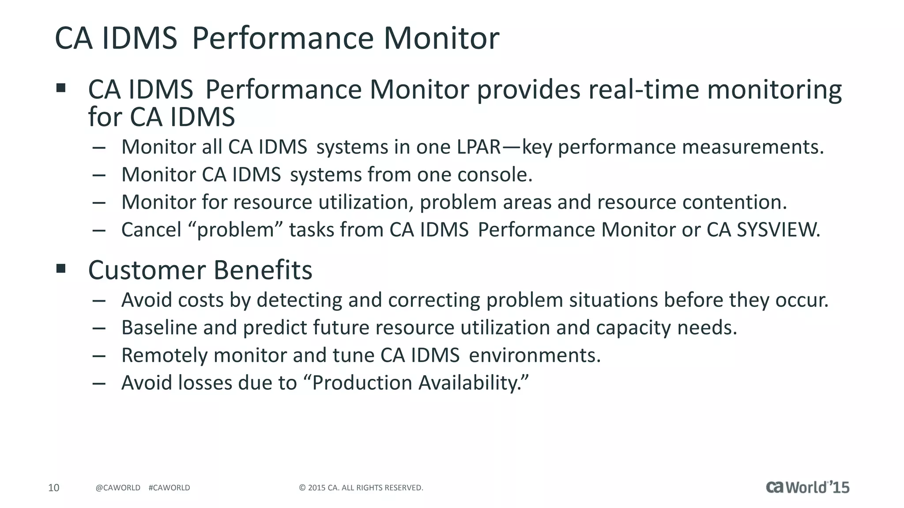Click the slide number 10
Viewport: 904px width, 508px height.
[53, 488]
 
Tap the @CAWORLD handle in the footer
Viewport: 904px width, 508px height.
[118, 488]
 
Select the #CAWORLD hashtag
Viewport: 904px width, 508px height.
[169, 488]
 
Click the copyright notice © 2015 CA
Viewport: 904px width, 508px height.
[361, 488]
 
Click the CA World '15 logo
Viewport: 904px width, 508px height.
[807, 487]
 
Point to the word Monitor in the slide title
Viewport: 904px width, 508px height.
[441, 38]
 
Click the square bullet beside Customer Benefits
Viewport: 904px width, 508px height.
[61, 268]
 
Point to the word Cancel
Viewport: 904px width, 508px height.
[151, 230]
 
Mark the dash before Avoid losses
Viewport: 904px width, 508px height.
[99, 383]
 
